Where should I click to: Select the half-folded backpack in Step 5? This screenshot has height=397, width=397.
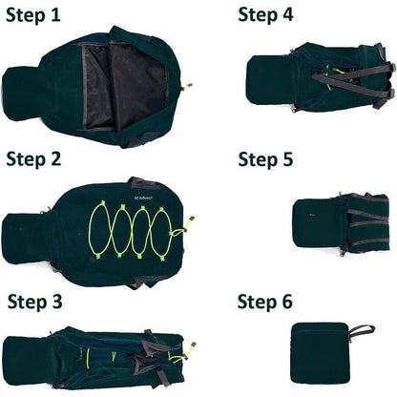(339, 223)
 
